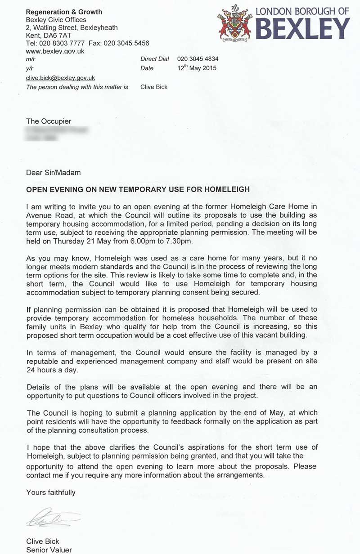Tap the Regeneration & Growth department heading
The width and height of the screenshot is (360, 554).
point(64,12)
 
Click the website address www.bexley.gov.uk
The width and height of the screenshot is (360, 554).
point(55,51)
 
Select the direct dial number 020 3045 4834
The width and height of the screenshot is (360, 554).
point(198,59)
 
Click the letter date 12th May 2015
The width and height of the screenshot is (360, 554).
point(197,68)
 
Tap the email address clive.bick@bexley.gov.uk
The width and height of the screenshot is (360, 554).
point(60,78)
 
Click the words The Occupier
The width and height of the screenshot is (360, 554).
point(49,121)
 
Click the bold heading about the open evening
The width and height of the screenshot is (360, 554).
point(138,189)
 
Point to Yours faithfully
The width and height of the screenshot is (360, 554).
point(51,492)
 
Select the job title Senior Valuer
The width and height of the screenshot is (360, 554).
point(49,550)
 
